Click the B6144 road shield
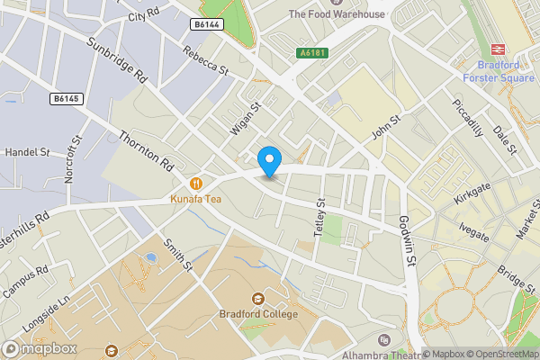click(207, 25)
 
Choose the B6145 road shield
click(65, 98)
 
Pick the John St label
click(385, 127)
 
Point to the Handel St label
click(27, 154)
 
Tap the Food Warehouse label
click(337, 14)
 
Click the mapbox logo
click(39, 348)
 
